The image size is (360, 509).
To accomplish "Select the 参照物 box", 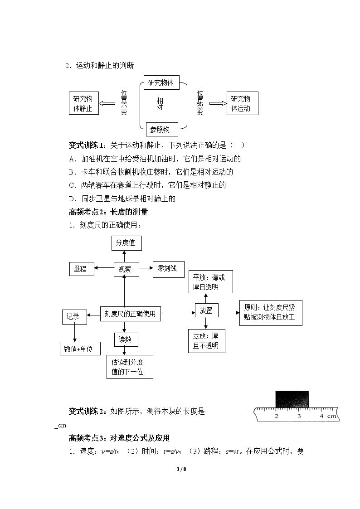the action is point(162,130).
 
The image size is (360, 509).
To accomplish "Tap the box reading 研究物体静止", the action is point(84,103).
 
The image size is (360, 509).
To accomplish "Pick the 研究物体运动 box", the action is point(242,103).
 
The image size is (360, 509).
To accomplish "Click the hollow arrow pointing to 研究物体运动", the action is point(218,103).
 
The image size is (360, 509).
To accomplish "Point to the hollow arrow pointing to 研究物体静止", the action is point(107,103).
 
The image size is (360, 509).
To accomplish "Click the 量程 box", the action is point(82,269).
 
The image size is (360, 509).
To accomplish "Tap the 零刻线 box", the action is point(169,269).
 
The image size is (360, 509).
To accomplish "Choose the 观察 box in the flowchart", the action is point(126,269).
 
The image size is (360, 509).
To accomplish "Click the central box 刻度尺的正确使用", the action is point(130,314).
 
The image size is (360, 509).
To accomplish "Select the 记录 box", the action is point(74,317).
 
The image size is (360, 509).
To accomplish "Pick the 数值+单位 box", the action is point(80,349).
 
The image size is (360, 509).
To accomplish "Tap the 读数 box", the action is point(126,339).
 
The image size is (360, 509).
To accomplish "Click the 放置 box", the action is point(206,310).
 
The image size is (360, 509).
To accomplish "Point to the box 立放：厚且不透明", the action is point(206,341).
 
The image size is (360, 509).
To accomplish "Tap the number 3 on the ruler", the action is point(299,416).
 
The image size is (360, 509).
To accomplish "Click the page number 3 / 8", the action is point(181,469).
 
